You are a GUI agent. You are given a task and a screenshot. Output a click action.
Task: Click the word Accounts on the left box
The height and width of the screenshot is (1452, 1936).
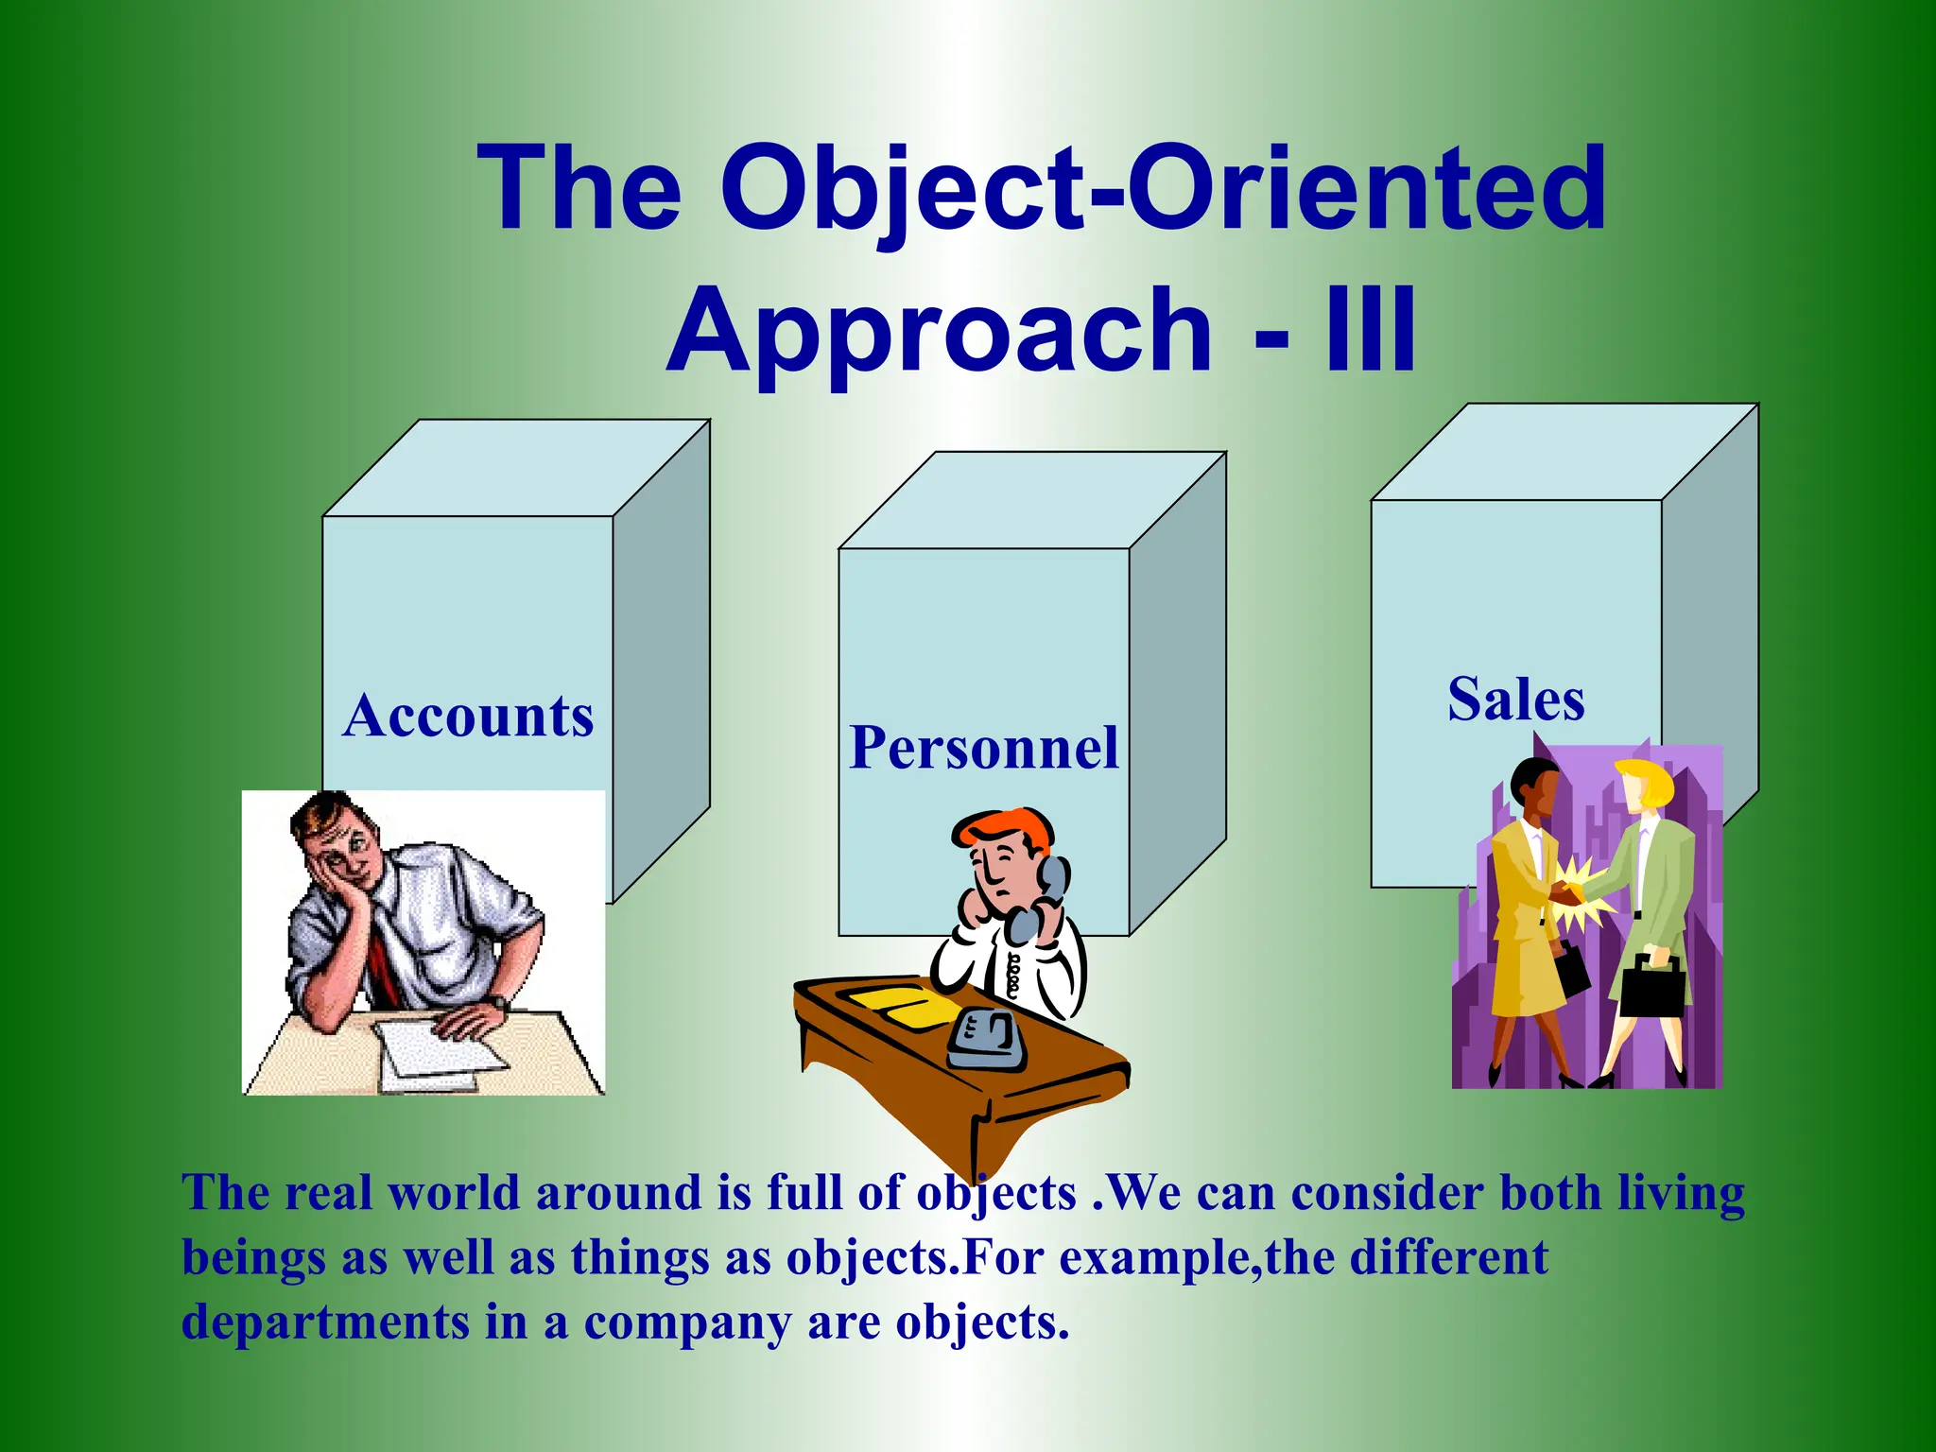point(468,717)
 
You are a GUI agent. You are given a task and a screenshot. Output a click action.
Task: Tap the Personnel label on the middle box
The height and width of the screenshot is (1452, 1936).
point(983,749)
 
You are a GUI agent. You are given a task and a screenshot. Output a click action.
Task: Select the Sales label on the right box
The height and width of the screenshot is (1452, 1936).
point(1515,700)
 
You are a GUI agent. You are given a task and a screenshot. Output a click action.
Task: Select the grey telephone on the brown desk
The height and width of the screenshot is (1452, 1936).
point(986,1040)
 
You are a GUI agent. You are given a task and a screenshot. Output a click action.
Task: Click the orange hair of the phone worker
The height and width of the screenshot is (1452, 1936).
point(1007,827)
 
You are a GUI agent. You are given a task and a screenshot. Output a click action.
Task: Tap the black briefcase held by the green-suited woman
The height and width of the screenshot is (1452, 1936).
point(1652,988)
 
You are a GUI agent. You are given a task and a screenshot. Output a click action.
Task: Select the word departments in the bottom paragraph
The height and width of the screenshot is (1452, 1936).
point(325,1322)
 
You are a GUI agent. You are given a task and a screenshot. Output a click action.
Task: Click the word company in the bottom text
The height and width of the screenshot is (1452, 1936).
point(687,1322)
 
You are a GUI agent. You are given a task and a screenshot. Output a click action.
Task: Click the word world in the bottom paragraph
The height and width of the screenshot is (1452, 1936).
point(454,1193)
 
